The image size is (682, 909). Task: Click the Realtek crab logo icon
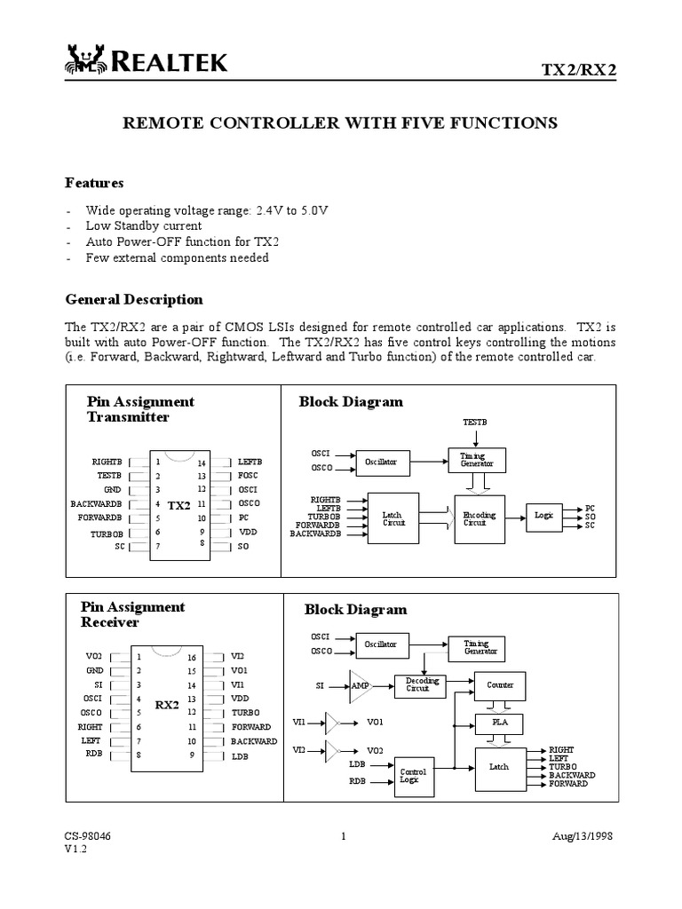(x=83, y=60)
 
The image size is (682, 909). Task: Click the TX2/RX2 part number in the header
(x=578, y=69)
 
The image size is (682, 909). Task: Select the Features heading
(x=94, y=183)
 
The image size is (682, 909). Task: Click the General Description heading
(x=134, y=299)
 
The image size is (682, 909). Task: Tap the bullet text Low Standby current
(x=143, y=225)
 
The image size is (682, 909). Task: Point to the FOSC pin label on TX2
(x=248, y=476)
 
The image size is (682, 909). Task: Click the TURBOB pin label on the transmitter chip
(x=107, y=534)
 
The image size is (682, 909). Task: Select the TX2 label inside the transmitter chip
(x=178, y=505)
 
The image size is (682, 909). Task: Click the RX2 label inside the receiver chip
(x=167, y=706)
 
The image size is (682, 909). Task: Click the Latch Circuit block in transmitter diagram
(x=393, y=518)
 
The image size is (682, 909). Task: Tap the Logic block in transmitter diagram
(x=543, y=515)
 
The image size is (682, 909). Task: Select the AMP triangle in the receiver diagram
(x=360, y=685)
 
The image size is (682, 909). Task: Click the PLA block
(x=499, y=723)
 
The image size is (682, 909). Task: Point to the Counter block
(x=499, y=685)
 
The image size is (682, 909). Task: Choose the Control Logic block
(x=413, y=776)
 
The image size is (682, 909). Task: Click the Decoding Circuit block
(x=417, y=684)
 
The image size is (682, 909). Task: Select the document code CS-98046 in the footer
(x=87, y=836)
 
